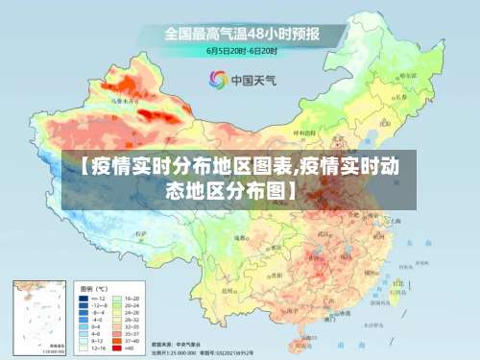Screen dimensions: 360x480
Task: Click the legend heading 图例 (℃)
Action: click(x=94, y=288)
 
